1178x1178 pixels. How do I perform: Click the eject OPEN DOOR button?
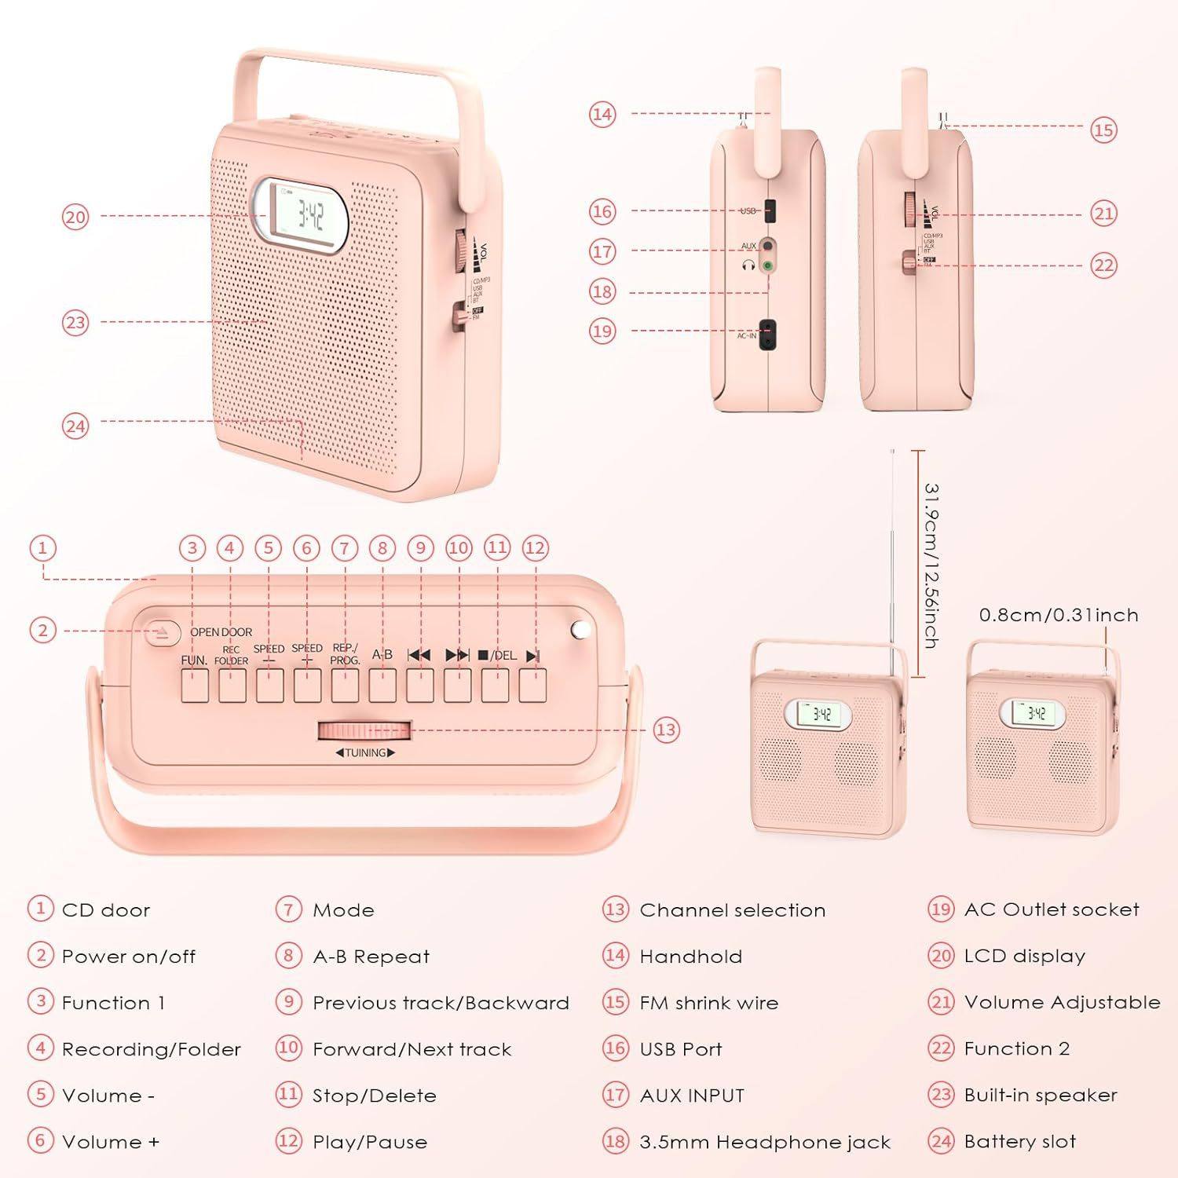pos(162,633)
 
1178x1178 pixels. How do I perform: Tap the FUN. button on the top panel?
pos(195,686)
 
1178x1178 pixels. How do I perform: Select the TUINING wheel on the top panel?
pos(364,731)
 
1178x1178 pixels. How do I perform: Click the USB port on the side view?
pos(770,210)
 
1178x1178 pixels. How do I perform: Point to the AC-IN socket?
pos(770,331)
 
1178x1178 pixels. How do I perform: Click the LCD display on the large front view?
pos(302,215)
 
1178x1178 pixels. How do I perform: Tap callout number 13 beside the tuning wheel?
pos(665,730)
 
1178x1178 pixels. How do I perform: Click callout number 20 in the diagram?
pos(75,216)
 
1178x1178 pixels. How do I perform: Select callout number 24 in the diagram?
pos(75,426)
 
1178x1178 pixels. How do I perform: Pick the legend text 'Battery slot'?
pos(1019,1141)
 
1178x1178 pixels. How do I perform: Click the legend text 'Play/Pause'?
pos(370,1142)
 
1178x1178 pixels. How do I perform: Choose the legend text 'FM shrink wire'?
pos(708,1003)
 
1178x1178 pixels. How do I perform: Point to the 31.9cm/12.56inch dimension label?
pos(931,565)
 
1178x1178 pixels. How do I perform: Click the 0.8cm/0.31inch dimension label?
pos(1058,615)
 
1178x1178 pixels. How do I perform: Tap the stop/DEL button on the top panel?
pos(496,686)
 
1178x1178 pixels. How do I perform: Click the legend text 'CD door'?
pos(105,910)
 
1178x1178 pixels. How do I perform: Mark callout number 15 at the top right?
pos(1103,130)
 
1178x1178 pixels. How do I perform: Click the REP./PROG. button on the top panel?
pos(345,686)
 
